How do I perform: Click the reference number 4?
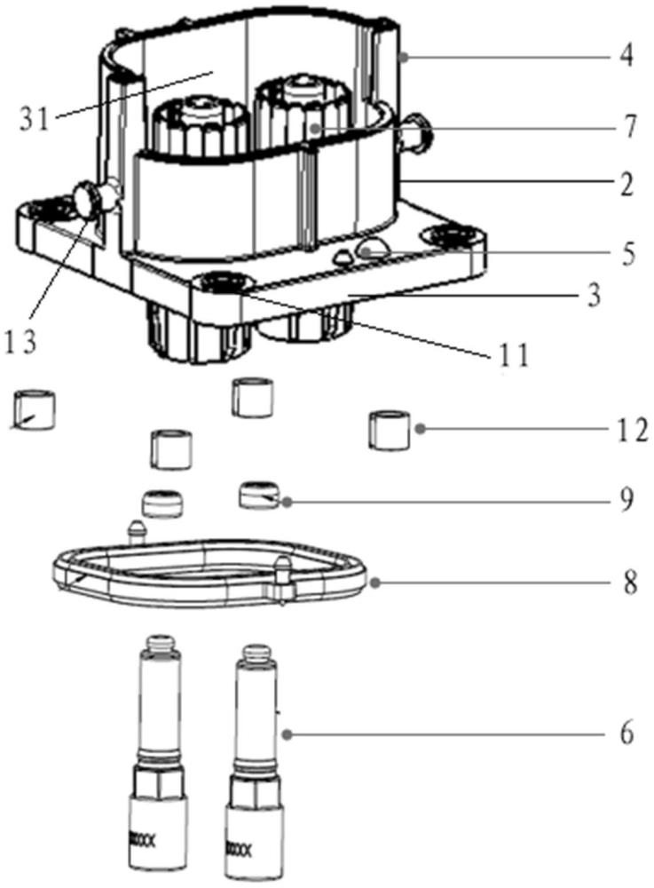click(x=626, y=56)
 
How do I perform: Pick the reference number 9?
click(x=626, y=500)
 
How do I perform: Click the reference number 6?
click(x=626, y=734)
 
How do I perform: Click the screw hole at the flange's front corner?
click(x=217, y=282)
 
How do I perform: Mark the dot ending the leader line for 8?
click(x=373, y=583)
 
